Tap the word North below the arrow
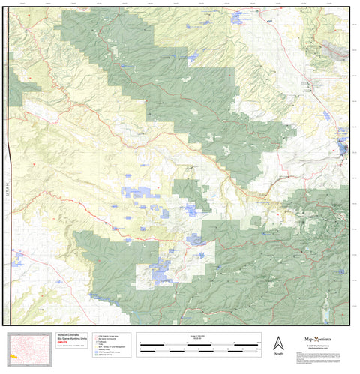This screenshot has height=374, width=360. (278, 354)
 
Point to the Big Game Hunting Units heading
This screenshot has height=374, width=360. (73, 339)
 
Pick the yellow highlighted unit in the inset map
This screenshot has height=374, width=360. (13, 356)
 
